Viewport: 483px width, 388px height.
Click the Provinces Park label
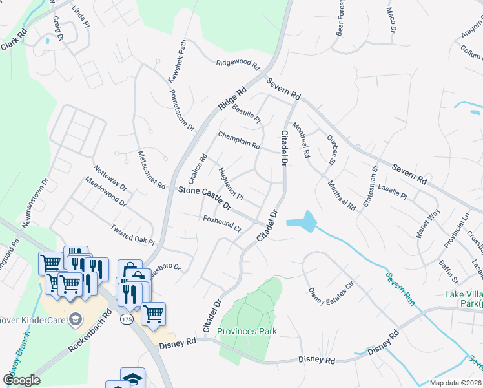(247, 332)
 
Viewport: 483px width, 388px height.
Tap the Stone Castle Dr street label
(205, 197)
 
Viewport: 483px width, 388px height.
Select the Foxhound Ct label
(221, 224)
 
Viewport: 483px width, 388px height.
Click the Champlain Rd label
(238, 140)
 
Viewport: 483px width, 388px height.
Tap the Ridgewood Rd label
(238, 64)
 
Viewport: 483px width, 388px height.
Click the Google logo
(21, 380)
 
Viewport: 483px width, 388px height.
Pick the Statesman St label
(371, 187)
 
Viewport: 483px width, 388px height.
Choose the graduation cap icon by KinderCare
(76, 319)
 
